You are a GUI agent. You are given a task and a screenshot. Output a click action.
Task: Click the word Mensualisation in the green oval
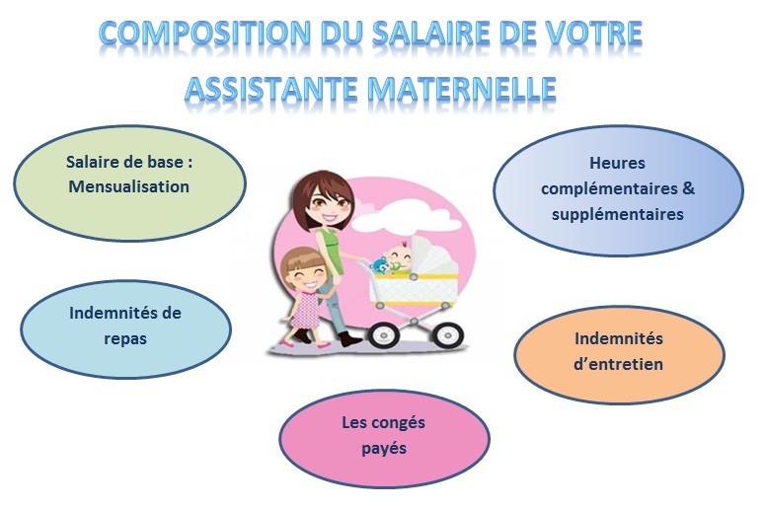point(128,186)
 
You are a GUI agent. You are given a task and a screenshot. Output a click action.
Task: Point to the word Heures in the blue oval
point(617,163)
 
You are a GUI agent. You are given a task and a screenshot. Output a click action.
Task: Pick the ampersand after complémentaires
point(688,188)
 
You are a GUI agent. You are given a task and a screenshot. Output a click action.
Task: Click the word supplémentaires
point(618,214)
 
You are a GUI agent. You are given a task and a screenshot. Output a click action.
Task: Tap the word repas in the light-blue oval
point(125,339)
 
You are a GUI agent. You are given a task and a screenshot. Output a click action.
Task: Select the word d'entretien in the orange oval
point(618,364)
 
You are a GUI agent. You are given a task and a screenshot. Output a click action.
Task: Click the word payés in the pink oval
point(384,449)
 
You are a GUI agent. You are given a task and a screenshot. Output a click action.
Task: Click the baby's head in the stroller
point(398,255)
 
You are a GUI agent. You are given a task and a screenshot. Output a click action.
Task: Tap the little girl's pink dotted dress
point(305,310)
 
